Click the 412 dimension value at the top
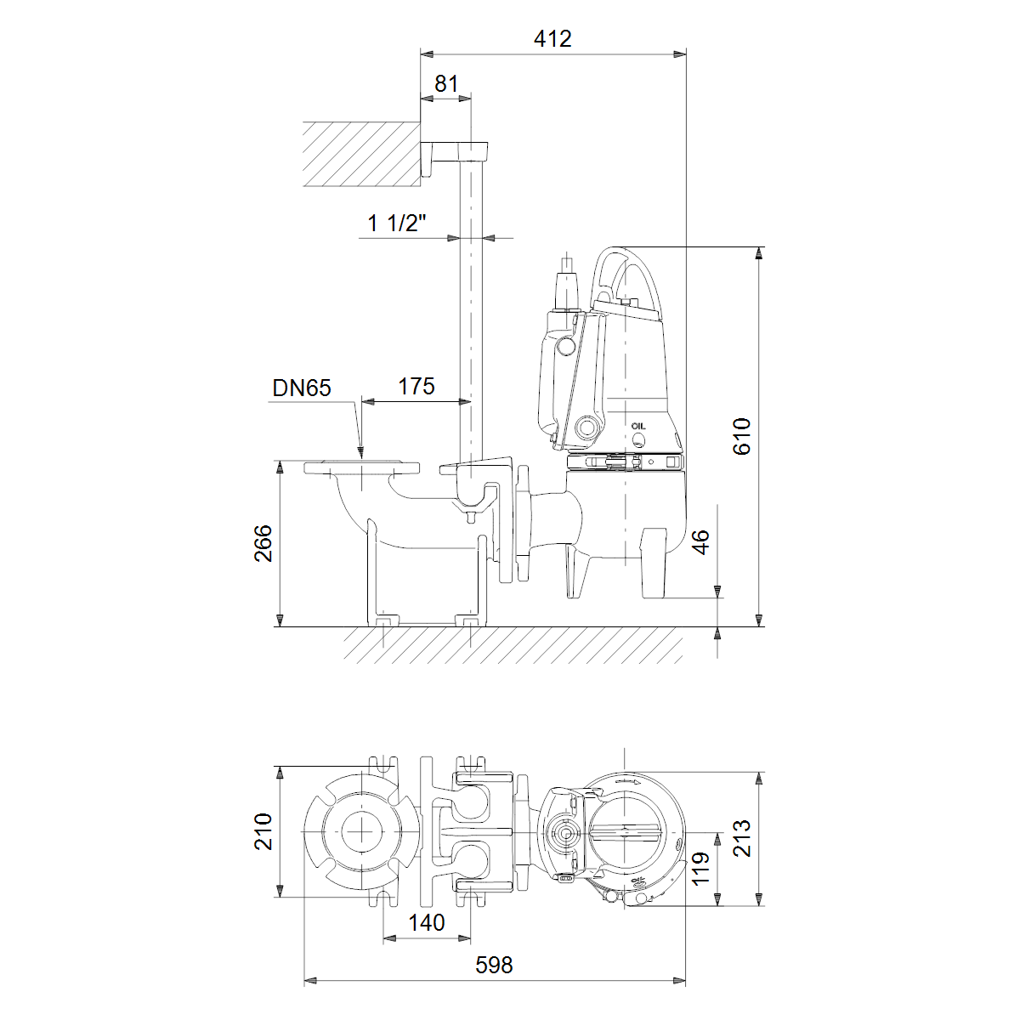(552, 39)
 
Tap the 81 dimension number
(446, 83)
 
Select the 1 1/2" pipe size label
(397, 223)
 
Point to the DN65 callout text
(302, 388)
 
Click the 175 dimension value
(416, 387)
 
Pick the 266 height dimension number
(263, 543)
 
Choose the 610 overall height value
(742, 436)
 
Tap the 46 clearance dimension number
(700, 542)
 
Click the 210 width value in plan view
(263, 832)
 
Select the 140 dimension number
(427, 923)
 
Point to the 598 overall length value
(495, 965)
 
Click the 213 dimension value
(742, 838)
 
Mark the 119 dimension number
(700, 869)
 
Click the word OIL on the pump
(638, 426)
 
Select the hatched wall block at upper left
(362, 154)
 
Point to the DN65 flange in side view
(362, 467)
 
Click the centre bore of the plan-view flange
(362, 832)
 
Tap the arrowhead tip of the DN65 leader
(360, 458)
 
